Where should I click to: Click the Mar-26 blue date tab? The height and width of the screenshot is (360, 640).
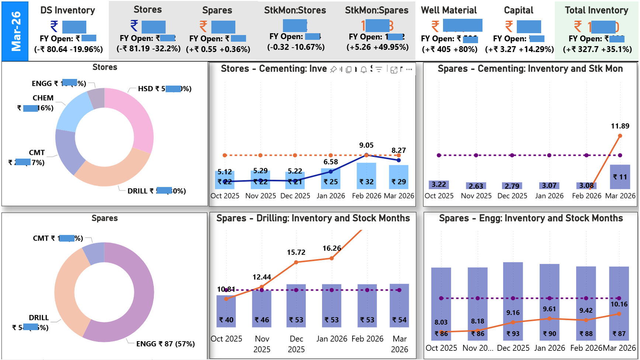click(15, 31)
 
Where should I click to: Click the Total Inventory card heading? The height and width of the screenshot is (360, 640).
click(596, 10)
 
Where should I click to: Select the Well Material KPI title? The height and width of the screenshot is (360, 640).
click(449, 10)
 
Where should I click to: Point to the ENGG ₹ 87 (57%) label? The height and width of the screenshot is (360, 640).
click(165, 344)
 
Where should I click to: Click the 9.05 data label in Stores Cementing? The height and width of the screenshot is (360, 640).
click(366, 145)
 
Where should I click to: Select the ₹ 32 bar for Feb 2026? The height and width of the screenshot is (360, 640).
click(366, 176)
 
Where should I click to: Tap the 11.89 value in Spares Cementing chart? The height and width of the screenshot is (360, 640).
click(620, 126)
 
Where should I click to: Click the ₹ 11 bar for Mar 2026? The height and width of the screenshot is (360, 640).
click(620, 177)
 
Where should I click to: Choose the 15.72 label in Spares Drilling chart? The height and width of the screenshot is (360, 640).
click(296, 252)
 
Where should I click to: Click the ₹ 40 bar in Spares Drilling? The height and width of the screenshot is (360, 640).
click(226, 312)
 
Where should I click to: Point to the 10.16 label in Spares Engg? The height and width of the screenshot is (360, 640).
click(619, 304)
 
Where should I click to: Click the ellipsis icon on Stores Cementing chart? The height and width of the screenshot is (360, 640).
click(409, 69)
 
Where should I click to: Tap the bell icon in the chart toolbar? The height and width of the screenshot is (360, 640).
click(363, 69)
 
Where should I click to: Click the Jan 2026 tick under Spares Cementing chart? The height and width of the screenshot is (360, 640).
click(549, 196)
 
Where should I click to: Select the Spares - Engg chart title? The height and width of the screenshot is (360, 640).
click(530, 218)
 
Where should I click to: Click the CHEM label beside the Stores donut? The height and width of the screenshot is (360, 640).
click(43, 98)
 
